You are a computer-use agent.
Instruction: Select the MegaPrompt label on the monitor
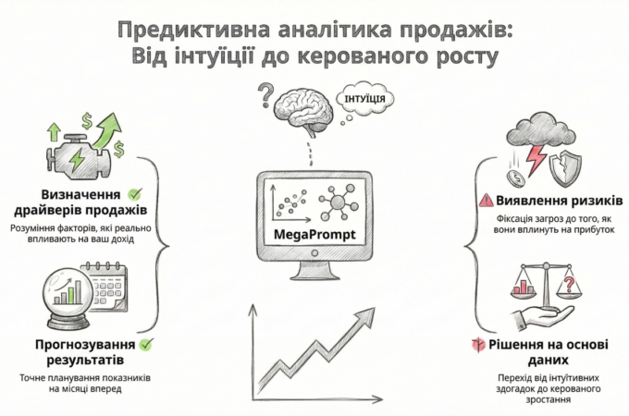point(311,236)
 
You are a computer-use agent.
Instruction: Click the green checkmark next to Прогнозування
point(146,345)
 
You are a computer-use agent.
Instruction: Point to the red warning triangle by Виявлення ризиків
point(486,200)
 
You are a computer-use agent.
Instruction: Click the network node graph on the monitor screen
point(337,202)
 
